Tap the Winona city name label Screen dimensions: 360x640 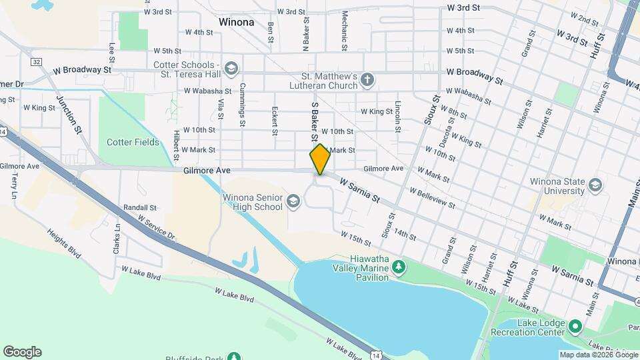(236, 22)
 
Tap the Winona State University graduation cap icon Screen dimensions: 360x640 (595, 184)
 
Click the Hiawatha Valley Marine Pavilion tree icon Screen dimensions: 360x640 (399, 267)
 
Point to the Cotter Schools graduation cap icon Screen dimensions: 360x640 (231, 69)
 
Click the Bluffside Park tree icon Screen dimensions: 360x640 (233, 357)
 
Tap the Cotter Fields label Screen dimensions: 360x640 (133, 142)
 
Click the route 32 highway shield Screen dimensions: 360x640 (36, 61)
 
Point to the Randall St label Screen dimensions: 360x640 (140, 208)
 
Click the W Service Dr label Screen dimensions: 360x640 (157, 227)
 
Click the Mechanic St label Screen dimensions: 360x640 (345, 30)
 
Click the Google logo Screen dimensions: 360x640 (22, 352)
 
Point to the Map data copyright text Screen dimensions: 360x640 (598, 355)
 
